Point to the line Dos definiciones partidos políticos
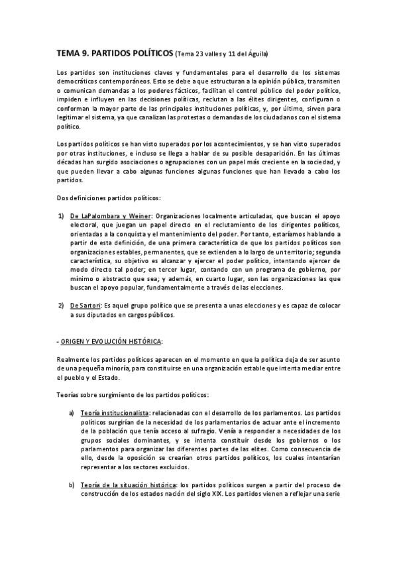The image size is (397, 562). pos(104,197)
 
